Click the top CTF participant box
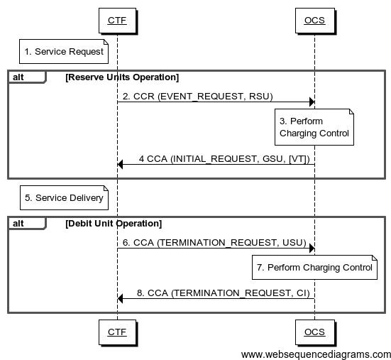point(116,20)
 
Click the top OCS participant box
point(314,20)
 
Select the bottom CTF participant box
point(116,332)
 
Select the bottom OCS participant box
point(314,332)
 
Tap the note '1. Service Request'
point(64,51)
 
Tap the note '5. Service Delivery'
point(64,197)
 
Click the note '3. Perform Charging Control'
point(314,127)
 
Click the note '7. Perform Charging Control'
point(314,268)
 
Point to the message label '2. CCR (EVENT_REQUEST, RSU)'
point(197,96)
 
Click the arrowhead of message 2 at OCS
point(311,102)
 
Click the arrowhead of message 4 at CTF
point(121,165)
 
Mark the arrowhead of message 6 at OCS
point(311,249)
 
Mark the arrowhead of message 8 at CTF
point(121,298)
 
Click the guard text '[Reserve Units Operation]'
point(121,77)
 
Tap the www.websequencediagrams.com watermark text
point(316,354)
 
